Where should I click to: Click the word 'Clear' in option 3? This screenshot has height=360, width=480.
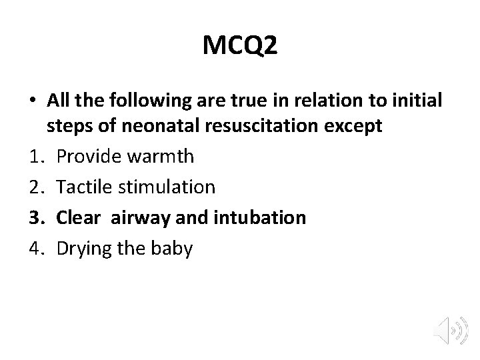pos(77,218)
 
